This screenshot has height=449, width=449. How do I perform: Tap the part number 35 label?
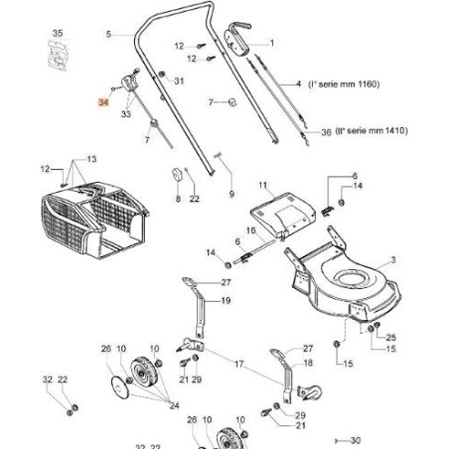[x=57, y=34]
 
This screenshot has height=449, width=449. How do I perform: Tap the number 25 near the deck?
[x=390, y=338]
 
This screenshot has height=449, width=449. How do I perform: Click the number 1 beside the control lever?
[x=272, y=44]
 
